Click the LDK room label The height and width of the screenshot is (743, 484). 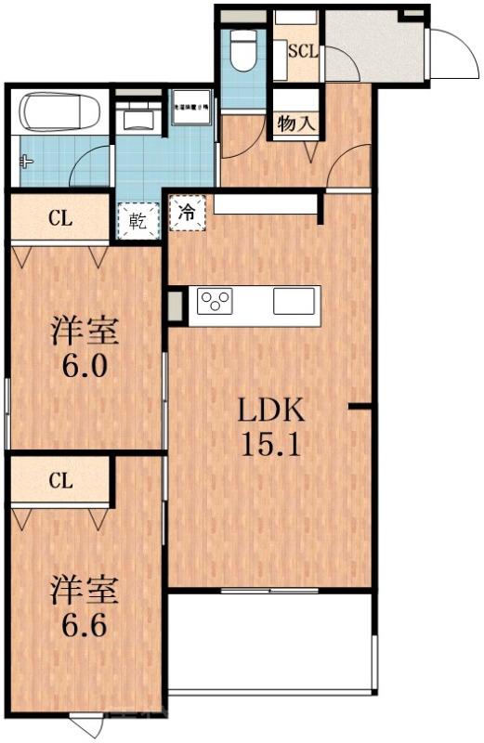(269, 410)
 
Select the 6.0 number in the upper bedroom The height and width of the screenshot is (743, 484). (85, 365)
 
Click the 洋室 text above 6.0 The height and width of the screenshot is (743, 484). (85, 329)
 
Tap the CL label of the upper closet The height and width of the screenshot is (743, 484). (61, 219)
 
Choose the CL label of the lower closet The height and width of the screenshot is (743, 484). (61, 480)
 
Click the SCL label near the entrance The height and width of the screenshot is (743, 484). (303, 51)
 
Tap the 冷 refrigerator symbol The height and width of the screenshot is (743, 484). (189, 212)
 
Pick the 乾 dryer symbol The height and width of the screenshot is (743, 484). (138, 222)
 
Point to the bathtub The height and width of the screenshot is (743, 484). (60, 112)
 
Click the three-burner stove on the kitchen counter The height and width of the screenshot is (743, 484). (216, 302)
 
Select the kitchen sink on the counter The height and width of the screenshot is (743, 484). (294, 301)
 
